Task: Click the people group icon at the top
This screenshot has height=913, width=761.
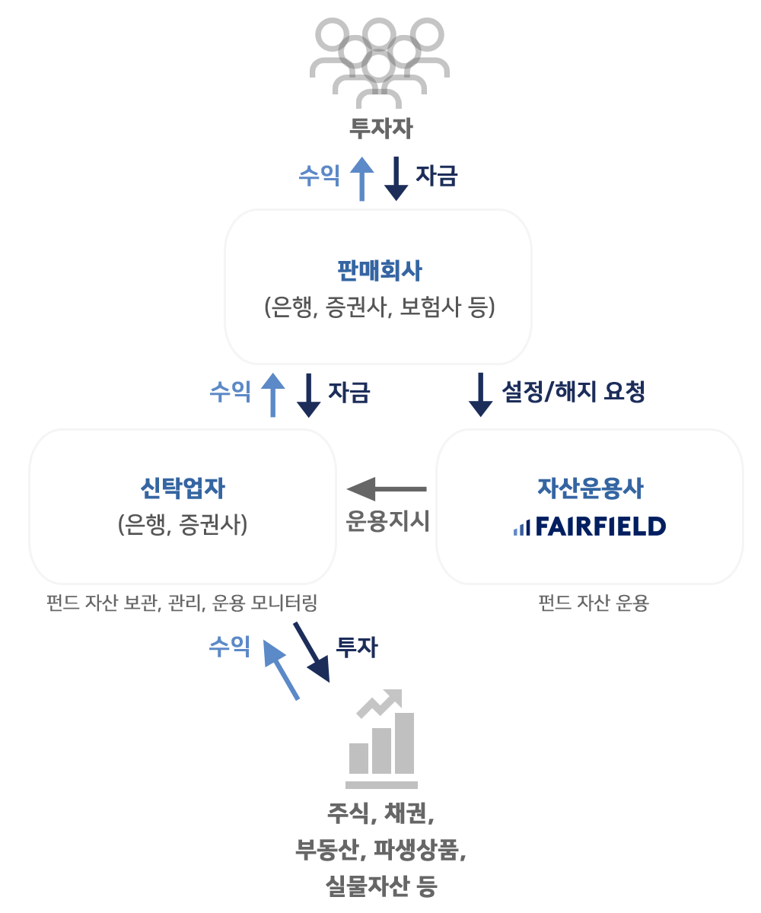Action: pos(379,61)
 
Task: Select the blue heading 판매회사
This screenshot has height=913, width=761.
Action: pos(379,269)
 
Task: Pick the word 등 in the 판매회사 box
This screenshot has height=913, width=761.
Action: pos(480,307)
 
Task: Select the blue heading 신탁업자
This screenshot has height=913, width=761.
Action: pos(183,488)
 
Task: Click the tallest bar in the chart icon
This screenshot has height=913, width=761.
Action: pos(404,743)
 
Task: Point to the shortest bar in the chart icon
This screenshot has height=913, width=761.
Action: pos(358,758)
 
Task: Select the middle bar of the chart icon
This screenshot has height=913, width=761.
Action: pos(381,750)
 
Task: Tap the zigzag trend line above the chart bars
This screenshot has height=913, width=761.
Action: pos(377,704)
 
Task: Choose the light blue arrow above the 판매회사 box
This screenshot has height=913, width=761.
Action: pos(361,179)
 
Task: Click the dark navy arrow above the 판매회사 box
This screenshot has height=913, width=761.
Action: pos(396,179)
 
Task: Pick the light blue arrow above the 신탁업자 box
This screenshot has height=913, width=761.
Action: pos(272,395)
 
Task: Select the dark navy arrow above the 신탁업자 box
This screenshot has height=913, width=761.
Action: pos(308,395)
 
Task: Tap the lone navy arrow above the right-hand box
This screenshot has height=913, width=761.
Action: pos(480,395)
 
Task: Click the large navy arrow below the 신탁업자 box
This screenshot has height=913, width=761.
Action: pos(310,651)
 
